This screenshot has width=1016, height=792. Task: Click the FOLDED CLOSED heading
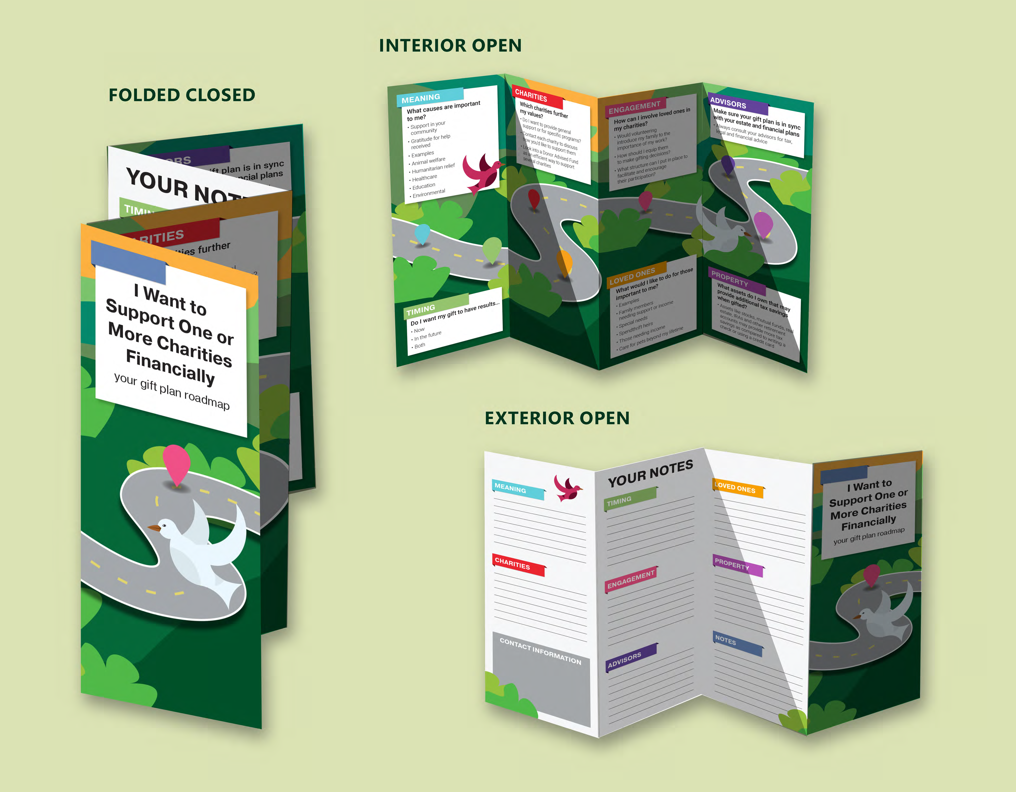coord(182,95)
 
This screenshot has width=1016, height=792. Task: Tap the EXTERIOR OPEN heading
coord(557,418)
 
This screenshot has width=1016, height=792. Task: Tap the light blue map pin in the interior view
coord(422,233)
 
